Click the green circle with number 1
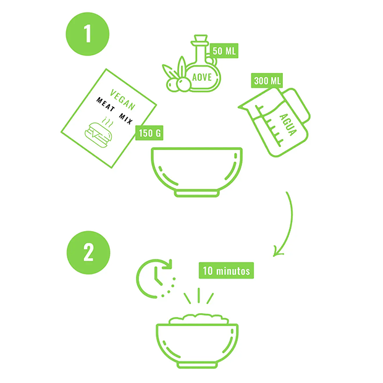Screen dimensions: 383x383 pyautogui.click(x=88, y=34)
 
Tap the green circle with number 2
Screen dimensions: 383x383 pyautogui.click(x=88, y=253)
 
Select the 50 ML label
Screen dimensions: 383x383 pyautogui.click(x=224, y=51)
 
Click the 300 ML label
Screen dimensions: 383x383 pyautogui.click(x=267, y=80)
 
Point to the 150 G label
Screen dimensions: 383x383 pyautogui.click(x=149, y=133)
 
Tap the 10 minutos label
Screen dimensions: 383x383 pyautogui.click(x=227, y=271)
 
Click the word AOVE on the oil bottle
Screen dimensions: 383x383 pyautogui.click(x=202, y=77)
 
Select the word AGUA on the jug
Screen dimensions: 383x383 pyautogui.click(x=288, y=124)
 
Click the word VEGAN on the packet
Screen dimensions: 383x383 pyautogui.click(x=122, y=99)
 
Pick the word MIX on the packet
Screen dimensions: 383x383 pyautogui.click(x=126, y=119)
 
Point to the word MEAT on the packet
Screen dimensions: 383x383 pyautogui.click(x=106, y=104)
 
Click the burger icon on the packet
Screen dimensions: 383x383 pyautogui.click(x=98, y=134)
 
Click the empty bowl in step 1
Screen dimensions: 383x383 pyautogui.click(x=196, y=172)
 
